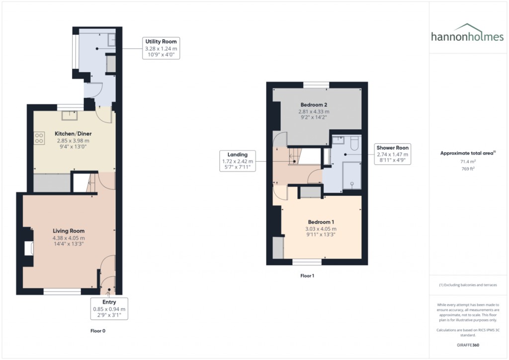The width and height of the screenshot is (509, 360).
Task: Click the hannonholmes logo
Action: pos(467,33)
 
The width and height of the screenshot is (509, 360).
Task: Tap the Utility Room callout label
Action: pos(161,48)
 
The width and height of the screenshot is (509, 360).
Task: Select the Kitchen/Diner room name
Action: pos(73,133)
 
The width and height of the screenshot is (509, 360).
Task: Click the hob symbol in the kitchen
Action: pos(39,138)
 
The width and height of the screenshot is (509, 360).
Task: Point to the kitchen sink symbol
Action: pos(70,115)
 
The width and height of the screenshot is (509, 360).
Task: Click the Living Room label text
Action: pos(69,231)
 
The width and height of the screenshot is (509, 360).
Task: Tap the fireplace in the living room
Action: pos(28,248)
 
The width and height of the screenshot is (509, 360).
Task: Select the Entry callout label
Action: pos(109,308)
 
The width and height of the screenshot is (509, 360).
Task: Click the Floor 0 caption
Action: pos(98,331)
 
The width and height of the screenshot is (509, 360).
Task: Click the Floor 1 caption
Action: pos(307,275)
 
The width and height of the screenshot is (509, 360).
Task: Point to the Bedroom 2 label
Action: pos(314,104)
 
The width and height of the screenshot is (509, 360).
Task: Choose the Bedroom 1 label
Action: pos(321,222)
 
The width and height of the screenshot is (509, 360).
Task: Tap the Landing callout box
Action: pos(237,161)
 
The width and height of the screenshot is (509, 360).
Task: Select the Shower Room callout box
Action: pos(393,154)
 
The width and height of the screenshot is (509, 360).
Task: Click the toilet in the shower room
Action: pos(354,143)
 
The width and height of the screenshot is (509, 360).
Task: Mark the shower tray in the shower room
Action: pos(352,176)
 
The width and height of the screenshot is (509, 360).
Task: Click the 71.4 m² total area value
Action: pos(468,161)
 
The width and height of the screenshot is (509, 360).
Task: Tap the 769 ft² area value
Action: pos(468,169)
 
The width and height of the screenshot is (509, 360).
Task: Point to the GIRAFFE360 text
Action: pos(468,345)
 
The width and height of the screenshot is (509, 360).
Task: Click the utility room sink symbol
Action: pos(112,40)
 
